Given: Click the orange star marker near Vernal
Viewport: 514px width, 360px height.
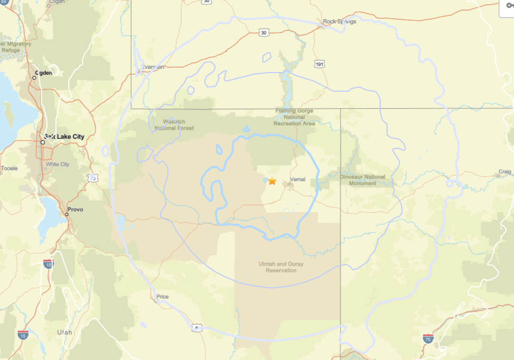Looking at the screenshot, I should coord(272,181).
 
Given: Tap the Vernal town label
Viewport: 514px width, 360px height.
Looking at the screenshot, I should coord(298,179).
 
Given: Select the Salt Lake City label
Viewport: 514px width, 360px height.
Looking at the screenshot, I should coord(65,137).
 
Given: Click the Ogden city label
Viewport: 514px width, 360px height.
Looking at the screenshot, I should coord(44,73).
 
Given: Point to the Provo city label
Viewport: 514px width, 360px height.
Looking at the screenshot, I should coord(75,209).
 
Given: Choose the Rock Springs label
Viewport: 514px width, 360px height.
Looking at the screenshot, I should coord(340,22).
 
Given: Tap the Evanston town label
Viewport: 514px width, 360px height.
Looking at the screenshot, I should coord(153,67).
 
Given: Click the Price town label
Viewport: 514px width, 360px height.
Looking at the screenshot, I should coord(163,297).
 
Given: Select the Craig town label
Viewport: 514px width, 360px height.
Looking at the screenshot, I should coord(504,172).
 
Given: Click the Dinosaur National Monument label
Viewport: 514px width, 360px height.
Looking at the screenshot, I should coord(363,180).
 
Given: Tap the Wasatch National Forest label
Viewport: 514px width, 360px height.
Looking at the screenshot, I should coord(174,125).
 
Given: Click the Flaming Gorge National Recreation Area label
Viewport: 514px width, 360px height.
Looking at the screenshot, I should coord(294,117).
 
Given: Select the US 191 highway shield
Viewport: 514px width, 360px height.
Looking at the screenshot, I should coord(319,64).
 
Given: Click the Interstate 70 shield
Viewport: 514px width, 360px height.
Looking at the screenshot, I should coord(428,338).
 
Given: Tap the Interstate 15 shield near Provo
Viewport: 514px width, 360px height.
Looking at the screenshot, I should coord(49,263).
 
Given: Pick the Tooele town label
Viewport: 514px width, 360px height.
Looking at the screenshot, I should coord(9,169).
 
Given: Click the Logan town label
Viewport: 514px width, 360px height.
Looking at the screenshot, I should coord(57,2).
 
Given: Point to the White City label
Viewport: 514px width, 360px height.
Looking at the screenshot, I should coord(58,164).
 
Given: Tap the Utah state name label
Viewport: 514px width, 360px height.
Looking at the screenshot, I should coord(64,332).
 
